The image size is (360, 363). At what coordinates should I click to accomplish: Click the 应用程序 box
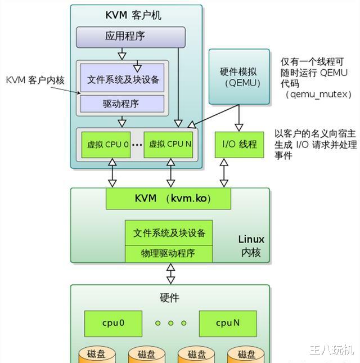[130, 37]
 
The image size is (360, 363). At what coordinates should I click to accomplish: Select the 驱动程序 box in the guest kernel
[122, 104]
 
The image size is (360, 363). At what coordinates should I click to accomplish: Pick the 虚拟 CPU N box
[170, 144]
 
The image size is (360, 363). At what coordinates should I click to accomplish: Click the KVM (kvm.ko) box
[168, 198]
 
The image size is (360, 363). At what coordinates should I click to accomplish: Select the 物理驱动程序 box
[168, 253]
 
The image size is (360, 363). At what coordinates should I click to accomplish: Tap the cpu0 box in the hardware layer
[113, 323]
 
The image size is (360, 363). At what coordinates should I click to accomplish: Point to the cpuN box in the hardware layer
[228, 323]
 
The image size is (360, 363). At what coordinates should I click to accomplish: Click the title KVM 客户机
[133, 15]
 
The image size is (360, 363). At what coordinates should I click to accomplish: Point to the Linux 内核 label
[251, 246]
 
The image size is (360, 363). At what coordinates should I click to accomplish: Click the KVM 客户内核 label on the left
[35, 80]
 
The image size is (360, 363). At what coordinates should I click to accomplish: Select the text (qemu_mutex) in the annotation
[318, 94]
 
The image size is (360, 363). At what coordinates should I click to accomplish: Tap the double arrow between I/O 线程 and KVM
[224, 172]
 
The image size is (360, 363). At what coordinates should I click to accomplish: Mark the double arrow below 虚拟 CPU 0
[112, 172]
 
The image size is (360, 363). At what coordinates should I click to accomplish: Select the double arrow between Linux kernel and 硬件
[170, 274]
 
